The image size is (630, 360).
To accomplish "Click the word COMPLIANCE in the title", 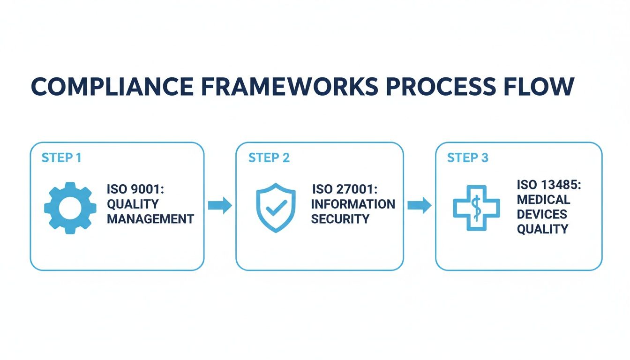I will (112, 86).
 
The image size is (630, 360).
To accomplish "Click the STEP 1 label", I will (61, 158).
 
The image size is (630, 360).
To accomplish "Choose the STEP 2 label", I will (269, 158).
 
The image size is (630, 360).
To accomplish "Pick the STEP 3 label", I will (468, 158).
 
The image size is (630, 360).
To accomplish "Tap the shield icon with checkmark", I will (276, 207).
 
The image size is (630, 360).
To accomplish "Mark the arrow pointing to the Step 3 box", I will (419, 205).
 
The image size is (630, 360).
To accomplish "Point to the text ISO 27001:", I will (344, 189).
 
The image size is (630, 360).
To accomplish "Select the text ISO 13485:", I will (549, 185).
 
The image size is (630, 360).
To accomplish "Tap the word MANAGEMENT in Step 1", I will (150, 219).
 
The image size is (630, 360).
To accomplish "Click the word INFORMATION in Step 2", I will (353, 204).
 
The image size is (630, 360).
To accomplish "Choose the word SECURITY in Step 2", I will (340, 219).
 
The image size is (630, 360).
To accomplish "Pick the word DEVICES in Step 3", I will (542, 214).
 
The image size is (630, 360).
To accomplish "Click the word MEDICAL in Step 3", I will (544, 200).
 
